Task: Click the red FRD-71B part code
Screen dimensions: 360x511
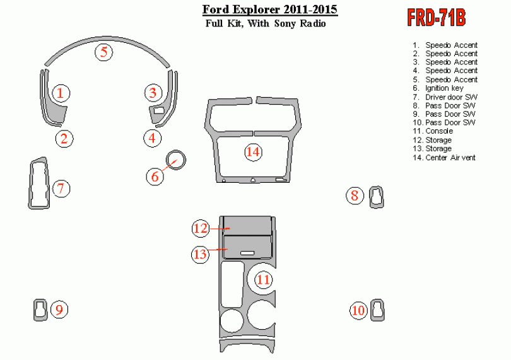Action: [x=437, y=18]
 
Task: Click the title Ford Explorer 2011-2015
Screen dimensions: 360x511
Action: [x=269, y=10]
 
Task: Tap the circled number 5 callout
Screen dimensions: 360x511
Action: [x=104, y=52]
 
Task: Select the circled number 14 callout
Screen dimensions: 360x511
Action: [x=253, y=152]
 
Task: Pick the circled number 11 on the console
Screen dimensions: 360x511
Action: [x=263, y=279]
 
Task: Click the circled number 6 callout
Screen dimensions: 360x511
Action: [x=155, y=177]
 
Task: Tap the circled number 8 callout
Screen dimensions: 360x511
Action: [x=355, y=196]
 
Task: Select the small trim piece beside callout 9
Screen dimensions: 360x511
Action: [x=41, y=310]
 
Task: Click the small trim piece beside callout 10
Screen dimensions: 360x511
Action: [x=377, y=309]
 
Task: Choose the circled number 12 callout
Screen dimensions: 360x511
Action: [x=201, y=228]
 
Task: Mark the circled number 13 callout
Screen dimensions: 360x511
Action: [x=200, y=254]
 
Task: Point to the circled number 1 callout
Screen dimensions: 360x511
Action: [x=61, y=93]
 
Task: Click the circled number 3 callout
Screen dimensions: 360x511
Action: [x=153, y=93]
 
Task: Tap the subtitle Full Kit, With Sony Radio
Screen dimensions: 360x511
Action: [x=266, y=24]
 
